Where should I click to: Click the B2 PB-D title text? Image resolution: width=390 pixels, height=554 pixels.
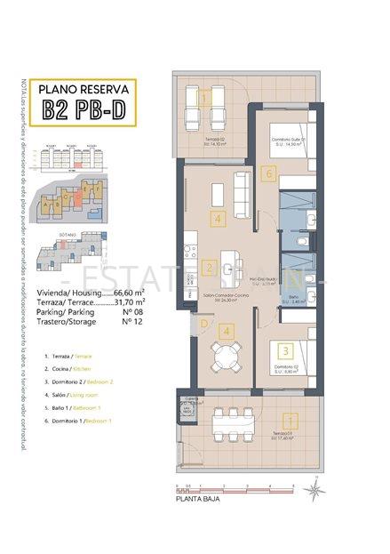(x=85, y=112)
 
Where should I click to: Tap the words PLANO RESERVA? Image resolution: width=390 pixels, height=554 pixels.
(x=85, y=89)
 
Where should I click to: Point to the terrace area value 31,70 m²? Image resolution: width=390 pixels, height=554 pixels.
(x=130, y=301)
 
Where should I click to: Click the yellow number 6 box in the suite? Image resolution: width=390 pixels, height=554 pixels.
(x=269, y=174)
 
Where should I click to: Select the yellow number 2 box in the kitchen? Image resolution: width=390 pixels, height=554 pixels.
(x=207, y=267)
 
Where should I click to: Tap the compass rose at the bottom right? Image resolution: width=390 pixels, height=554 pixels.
(x=315, y=486)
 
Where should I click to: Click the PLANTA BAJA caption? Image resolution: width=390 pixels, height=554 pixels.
(x=197, y=501)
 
